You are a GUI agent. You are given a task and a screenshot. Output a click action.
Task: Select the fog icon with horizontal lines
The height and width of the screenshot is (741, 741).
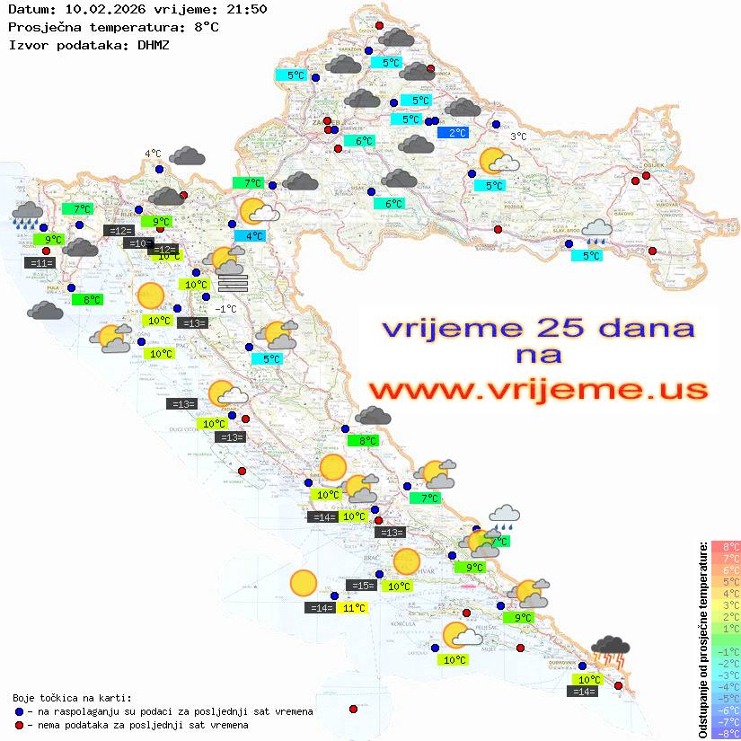tap(233, 282)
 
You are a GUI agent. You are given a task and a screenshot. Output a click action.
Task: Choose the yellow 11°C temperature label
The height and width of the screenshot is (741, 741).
tap(354, 608)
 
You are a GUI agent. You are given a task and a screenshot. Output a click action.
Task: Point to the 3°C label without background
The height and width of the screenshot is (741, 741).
tap(518, 137)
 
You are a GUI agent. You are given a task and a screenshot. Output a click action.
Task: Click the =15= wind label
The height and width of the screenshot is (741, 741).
tap(361, 586)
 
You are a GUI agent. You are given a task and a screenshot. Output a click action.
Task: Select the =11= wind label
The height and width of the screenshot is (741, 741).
tap(41, 263)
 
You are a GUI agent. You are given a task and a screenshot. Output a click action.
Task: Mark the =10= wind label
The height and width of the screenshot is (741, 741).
tap(138, 243)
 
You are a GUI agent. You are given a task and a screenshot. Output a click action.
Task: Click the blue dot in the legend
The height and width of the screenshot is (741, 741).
tap(19, 711)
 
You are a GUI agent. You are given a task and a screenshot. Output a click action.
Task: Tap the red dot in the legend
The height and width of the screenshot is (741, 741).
tap(19, 725)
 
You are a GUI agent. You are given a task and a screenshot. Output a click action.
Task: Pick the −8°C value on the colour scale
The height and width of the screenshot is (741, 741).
tap(725, 733)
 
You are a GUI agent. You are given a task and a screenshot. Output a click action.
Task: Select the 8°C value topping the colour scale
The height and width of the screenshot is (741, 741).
tap(725, 547)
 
